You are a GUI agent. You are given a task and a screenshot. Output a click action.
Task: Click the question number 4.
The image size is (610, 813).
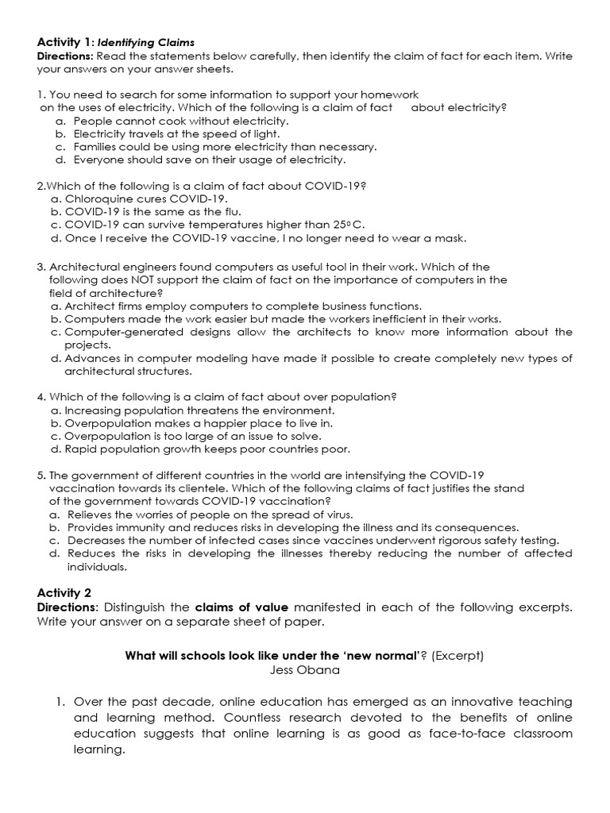pos(41,396)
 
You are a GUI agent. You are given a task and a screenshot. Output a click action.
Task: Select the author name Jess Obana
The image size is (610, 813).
pos(304,669)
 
